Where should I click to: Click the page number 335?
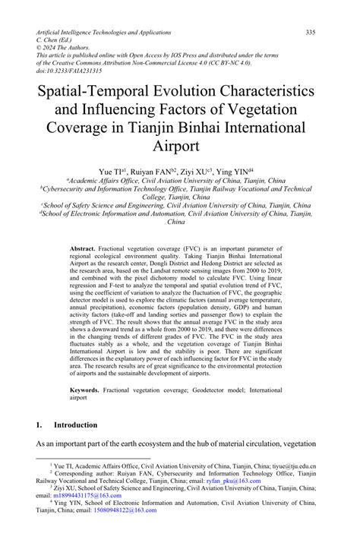[x=311, y=33]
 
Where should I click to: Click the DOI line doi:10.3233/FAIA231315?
[x=69, y=69]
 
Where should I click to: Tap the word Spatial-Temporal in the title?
[x=91, y=90]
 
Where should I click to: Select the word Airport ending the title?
[x=179, y=145]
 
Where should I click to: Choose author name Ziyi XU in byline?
[x=197, y=172]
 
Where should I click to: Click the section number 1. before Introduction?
[x=40, y=425]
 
